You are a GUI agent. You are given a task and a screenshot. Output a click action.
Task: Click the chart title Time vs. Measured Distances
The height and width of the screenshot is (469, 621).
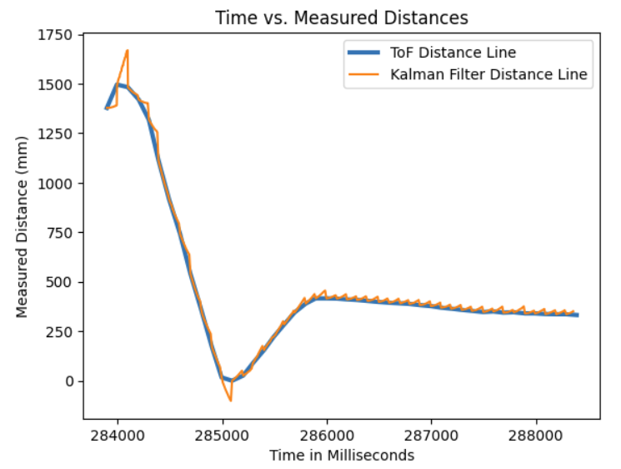tap(341, 17)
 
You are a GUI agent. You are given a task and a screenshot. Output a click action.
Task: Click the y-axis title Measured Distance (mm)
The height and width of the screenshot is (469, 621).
tap(23, 225)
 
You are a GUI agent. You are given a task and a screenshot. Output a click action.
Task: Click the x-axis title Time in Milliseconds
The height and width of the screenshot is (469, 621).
tap(341, 456)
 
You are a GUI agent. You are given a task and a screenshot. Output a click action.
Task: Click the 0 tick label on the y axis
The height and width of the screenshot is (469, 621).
tap(68, 381)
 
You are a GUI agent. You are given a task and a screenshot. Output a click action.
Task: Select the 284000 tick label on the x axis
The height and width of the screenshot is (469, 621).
tap(118, 435)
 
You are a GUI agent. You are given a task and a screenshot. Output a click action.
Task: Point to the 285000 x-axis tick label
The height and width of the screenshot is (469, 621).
tap(223, 435)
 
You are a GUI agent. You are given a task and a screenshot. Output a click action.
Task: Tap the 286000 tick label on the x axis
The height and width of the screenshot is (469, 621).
tap(327, 435)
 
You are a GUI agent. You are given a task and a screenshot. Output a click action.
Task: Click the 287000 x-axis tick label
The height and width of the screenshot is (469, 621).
tap(431, 435)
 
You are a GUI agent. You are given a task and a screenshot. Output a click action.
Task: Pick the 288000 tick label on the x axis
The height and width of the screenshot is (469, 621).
tap(535, 435)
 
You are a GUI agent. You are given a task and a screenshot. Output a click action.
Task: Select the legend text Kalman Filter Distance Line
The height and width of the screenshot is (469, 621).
tap(488, 75)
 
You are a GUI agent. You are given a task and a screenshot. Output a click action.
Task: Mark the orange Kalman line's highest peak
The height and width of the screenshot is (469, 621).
tap(128, 50)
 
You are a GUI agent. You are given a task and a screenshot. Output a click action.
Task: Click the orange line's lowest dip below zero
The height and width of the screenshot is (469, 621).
tap(231, 401)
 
